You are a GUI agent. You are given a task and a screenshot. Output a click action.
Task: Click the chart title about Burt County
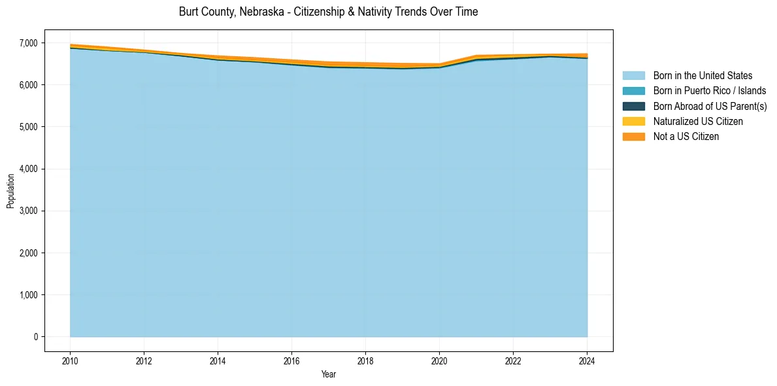coord(328,12)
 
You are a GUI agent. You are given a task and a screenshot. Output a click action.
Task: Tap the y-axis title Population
coord(10,191)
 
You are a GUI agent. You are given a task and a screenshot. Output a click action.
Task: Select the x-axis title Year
coord(329,375)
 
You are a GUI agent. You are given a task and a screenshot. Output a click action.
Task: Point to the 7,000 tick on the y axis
coord(29,43)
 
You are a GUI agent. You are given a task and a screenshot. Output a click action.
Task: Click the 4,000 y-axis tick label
coord(29,169)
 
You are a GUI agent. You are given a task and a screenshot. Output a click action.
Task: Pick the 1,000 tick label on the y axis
coord(29,295)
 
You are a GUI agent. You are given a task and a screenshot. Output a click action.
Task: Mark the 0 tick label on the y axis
coord(36,337)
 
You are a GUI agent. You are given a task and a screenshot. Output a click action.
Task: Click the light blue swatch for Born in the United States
coord(633,76)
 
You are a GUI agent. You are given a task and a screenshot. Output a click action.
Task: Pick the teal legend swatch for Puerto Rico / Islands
coord(633,91)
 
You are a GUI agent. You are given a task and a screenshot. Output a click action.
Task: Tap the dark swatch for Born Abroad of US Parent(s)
coord(633,106)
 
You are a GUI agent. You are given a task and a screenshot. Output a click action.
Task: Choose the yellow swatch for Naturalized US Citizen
coord(633,121)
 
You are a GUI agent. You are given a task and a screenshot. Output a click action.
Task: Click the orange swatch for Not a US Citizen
coord(633,136)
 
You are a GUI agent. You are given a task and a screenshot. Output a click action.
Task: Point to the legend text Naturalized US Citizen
coord(698,121)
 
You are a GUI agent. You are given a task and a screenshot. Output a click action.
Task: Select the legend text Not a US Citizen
coord(686,136)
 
